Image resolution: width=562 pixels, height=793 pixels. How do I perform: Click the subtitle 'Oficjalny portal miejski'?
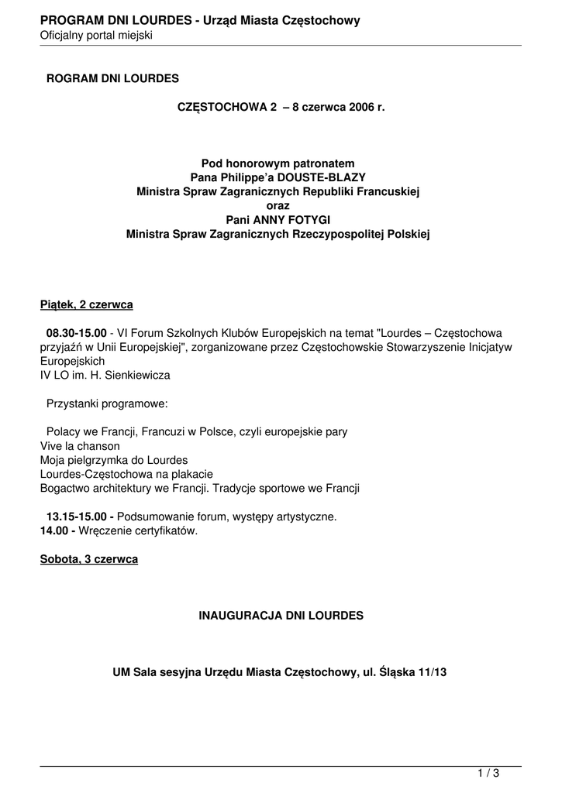click(96, 36)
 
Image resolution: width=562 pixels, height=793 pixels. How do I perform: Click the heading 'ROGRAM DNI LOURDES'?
click(112, 78)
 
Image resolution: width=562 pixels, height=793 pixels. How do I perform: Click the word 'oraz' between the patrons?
click(278, 205)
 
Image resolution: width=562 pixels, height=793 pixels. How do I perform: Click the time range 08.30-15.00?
click(76, 333)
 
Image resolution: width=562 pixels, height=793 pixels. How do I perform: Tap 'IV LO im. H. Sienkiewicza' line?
click(105, 375)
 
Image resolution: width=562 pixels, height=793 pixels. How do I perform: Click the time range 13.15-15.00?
click(80, 517)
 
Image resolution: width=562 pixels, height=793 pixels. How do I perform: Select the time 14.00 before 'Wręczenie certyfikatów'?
click(53, 530)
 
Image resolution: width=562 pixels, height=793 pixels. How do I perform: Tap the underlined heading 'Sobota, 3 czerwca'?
click(89, 559)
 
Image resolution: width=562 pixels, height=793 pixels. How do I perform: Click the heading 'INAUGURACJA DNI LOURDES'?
click(281, 616)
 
